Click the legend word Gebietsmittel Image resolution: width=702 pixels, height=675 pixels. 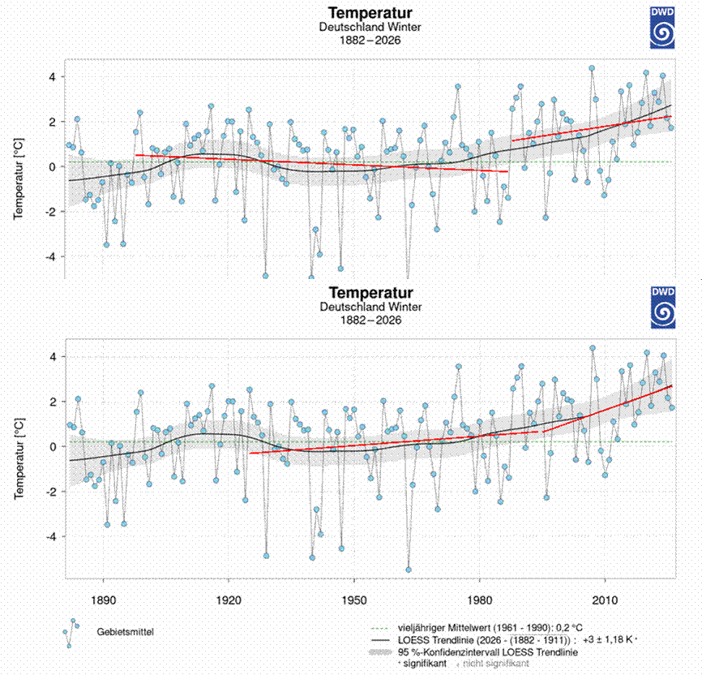(125, 630)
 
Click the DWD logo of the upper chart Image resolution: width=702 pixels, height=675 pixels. (662, 25)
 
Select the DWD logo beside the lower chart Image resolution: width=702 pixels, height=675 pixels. (662, 306)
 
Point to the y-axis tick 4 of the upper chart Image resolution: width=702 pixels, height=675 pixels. (50, 77)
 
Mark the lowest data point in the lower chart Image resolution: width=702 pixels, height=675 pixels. (409, 569)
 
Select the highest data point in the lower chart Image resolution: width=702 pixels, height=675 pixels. (592, 348)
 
